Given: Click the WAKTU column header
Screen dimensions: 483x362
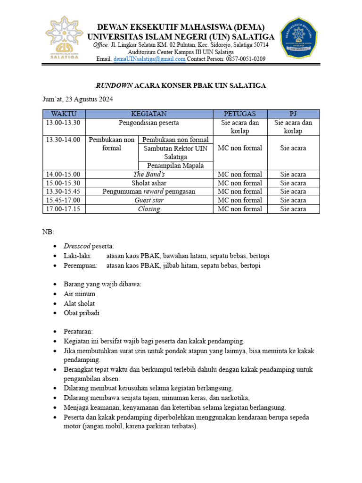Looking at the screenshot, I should pyautogui.click(x=64, y=114).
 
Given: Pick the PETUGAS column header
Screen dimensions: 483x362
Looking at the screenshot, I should pyautogui.click(x=240, y=114).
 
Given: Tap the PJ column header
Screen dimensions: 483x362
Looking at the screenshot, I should pyautogui.click(x=293, y=114).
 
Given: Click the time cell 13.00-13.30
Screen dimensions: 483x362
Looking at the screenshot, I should pyautogui.click(x=64, y=123).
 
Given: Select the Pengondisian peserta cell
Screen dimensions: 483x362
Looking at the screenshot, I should pyautogui.click(x=148, y=123).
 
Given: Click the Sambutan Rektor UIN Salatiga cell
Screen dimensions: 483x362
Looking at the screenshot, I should pyautogui.click(x=175, y=152).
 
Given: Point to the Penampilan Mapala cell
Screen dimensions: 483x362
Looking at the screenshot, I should pyautogui.click(x=175, y=165).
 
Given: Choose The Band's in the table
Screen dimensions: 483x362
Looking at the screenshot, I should pyautogui.click(x=148, y=174).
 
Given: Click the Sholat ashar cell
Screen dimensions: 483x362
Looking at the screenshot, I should pyautogui.click(x=148, y=183).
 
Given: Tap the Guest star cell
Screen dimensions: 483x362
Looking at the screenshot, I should pyautogui.click(x=148, y=200).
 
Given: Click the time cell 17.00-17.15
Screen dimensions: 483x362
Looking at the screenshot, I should pyautogui.click(x=64, y=209).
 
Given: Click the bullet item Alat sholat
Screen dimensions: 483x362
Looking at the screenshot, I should pyautogui.click(x=79, y=303).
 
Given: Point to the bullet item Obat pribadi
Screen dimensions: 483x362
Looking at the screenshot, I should pyautogui.click(x=82, y=313).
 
